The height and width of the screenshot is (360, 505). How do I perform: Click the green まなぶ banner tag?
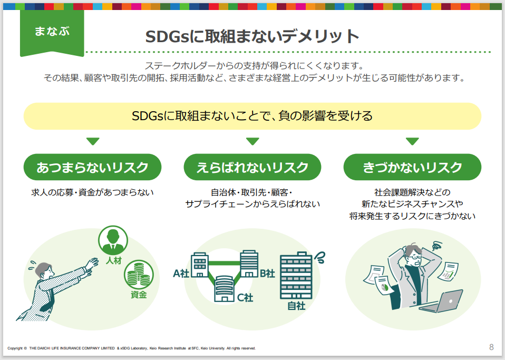click(x=52, y=33)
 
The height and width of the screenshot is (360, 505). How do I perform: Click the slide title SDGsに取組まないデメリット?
click(x=252, y=36)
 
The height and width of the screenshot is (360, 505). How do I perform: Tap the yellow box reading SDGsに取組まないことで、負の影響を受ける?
click(x=252, y=116)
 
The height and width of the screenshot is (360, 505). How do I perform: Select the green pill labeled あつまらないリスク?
click(x=92, y=167)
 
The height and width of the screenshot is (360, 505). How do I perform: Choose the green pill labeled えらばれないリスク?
click(x=252, y=167)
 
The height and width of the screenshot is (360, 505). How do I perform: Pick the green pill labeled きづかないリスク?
click(x=412, y=167)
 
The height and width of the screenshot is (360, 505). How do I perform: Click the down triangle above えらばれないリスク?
click(x=252, y=141)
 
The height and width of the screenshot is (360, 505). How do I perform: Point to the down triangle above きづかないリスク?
click(x=412, y=141)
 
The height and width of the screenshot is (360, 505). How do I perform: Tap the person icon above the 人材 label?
click(x=113, y=240)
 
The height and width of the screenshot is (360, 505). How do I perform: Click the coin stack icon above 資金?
click(x=139, y=275)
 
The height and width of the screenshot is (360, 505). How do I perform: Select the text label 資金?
click(x=139, y=295)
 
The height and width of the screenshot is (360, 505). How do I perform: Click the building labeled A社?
click(x=200, y=265)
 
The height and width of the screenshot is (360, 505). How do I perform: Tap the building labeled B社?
click(x=249, y=264)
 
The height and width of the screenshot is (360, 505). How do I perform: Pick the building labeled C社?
click(x=224, y=289)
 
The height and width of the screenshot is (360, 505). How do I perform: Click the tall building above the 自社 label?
click(x=296, y=276)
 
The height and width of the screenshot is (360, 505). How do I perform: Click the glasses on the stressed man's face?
click(x=416, y=257)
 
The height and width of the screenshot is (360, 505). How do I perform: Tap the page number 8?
click(x=491, y=347)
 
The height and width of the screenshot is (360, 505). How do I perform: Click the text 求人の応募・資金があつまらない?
click(x=92, y=192)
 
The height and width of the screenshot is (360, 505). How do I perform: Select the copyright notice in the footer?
click(x=131, y=348)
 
